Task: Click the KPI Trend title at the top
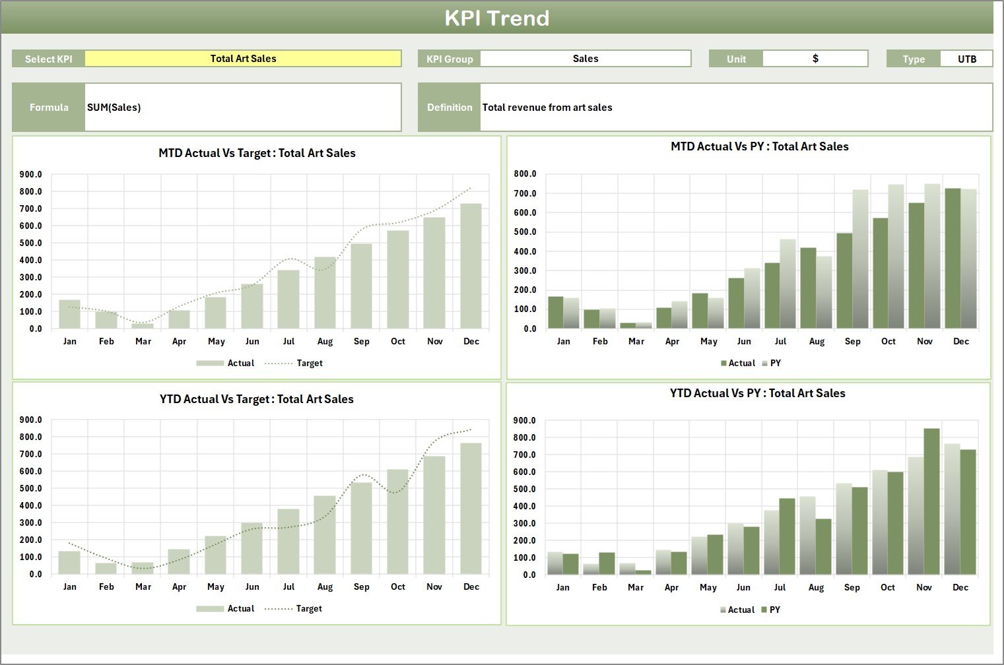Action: tap(496, 18)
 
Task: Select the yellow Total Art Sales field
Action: tap(243, 59)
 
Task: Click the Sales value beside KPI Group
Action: tap(585, 59)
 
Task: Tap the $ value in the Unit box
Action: tap(815, 59)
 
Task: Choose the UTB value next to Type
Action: tap(966, 59)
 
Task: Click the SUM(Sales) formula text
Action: tap(114, 108)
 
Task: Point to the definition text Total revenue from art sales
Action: tap(547, 108)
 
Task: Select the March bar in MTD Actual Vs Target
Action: tap(143, 325)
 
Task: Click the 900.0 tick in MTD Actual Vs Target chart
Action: tap(31, 175)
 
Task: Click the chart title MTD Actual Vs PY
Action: tap(759, 146)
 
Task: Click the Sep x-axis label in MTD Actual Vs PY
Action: tap(852, 341)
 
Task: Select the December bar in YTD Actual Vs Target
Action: tap(471, 508)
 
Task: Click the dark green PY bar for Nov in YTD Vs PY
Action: tap(931, 501)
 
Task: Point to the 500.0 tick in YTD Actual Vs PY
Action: tap(524, 489)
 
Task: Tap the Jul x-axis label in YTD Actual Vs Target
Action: tap(288, 586)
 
